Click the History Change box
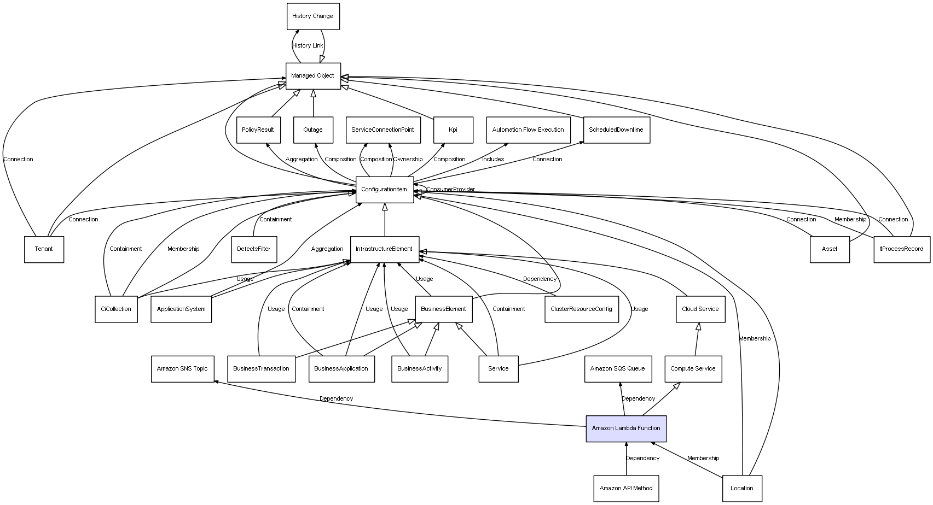[x=313, y=16]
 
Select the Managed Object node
[x=313, y=76]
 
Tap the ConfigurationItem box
[x=385, y=190]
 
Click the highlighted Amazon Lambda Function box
[x=626, y=428]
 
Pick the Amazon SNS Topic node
[x=182, y=369]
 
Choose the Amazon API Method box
[x=626, y=489]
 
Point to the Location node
[x=742, y=489]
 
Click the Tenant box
[x=44, y=249]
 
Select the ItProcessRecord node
[x=901, y=249]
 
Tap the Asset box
[x=830, y=249]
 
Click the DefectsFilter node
[x=254, y=249]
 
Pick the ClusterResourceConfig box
[x=581, y=309]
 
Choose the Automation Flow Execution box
[x=528, y=130]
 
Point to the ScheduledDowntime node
[x=616, y=130]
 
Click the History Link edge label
[x=308, y=46]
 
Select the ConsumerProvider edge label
[x=451, y=190]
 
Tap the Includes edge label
[x=493, y=160]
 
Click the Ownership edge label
[x=408, y=160]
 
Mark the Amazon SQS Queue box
[x=617, y=369]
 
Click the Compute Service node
[x=693, y=369]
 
